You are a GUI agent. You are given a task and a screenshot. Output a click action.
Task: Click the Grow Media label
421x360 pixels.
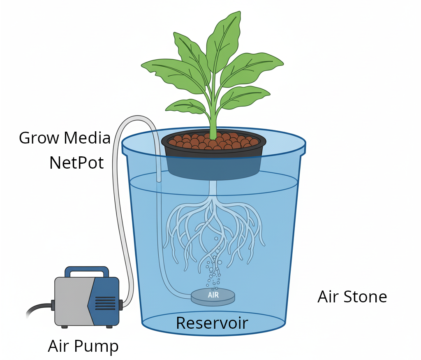point(65,138)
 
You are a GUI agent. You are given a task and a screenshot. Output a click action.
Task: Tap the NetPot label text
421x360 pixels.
point(76,163)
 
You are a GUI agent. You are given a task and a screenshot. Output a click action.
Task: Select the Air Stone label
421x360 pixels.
point(352,297)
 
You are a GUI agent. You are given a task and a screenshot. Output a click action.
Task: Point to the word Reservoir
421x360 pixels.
point(212,323)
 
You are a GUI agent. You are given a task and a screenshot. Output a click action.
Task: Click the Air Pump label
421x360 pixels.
point(83,346)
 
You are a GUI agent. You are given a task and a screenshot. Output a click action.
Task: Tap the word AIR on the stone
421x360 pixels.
point(213,295)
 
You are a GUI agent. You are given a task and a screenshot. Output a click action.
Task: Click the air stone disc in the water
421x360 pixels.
point(213,297)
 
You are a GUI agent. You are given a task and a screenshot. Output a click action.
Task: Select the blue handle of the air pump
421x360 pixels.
point(87,271)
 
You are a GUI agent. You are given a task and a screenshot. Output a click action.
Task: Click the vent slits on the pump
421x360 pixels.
point(105,305)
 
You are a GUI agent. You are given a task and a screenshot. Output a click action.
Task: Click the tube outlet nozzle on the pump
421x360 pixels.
point(121,305)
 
